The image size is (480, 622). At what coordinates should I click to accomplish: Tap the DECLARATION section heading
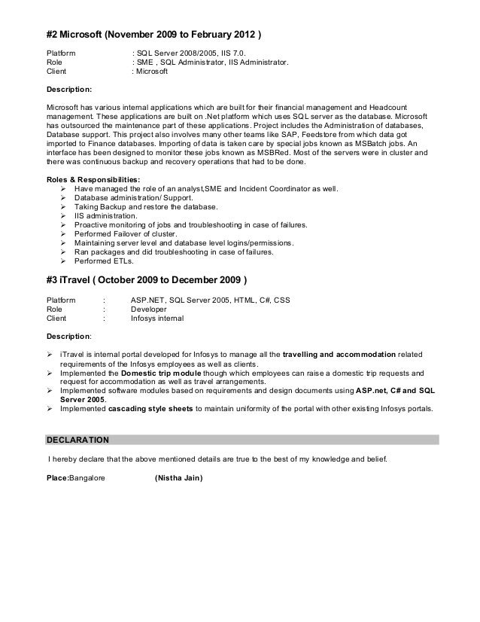pos(77,439)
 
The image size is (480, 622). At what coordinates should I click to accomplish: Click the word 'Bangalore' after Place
pos(87,478)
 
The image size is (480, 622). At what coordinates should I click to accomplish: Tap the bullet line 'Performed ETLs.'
pos(104,261)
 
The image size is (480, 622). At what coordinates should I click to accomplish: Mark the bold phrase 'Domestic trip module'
pos(158,372)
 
